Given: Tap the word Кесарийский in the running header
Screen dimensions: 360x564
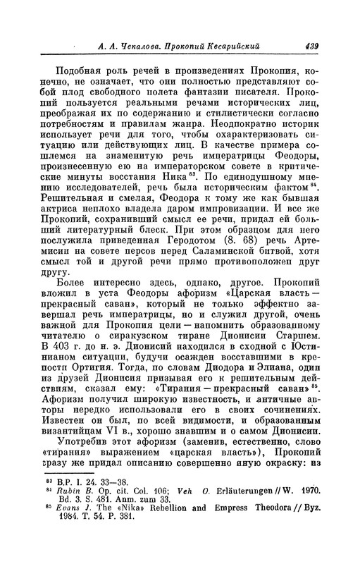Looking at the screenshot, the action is [230, 47].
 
